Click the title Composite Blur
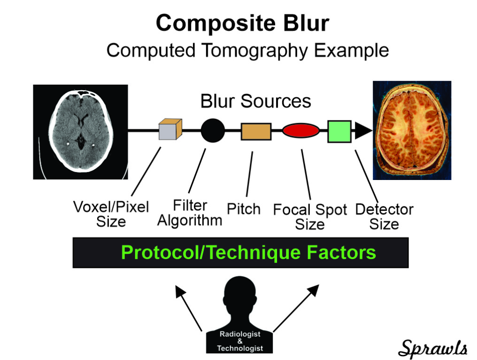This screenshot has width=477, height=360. coord(242,23)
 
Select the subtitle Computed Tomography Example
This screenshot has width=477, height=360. coord(247,51)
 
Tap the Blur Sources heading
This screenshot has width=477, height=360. coord(255,101)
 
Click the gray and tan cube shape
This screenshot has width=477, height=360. coord(170,129)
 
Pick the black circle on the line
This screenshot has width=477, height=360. coord(213,130)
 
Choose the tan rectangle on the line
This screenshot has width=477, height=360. coord(256,132)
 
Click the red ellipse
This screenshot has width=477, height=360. coord(301,130)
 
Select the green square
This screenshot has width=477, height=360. coord(339,132)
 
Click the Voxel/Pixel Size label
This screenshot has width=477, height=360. coord(111,214)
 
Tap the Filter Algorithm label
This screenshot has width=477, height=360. coord(190,212)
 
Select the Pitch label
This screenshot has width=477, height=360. coord(244,209)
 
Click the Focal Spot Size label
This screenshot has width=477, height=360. coord(310,217)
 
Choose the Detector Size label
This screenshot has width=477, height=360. coord(384,217)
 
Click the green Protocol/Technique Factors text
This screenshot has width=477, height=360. coord(248,252)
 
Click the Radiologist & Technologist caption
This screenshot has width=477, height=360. coord(240,341)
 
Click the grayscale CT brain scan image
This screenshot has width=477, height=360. coord(80,132)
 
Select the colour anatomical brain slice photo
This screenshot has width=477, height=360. coord(412,130)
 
